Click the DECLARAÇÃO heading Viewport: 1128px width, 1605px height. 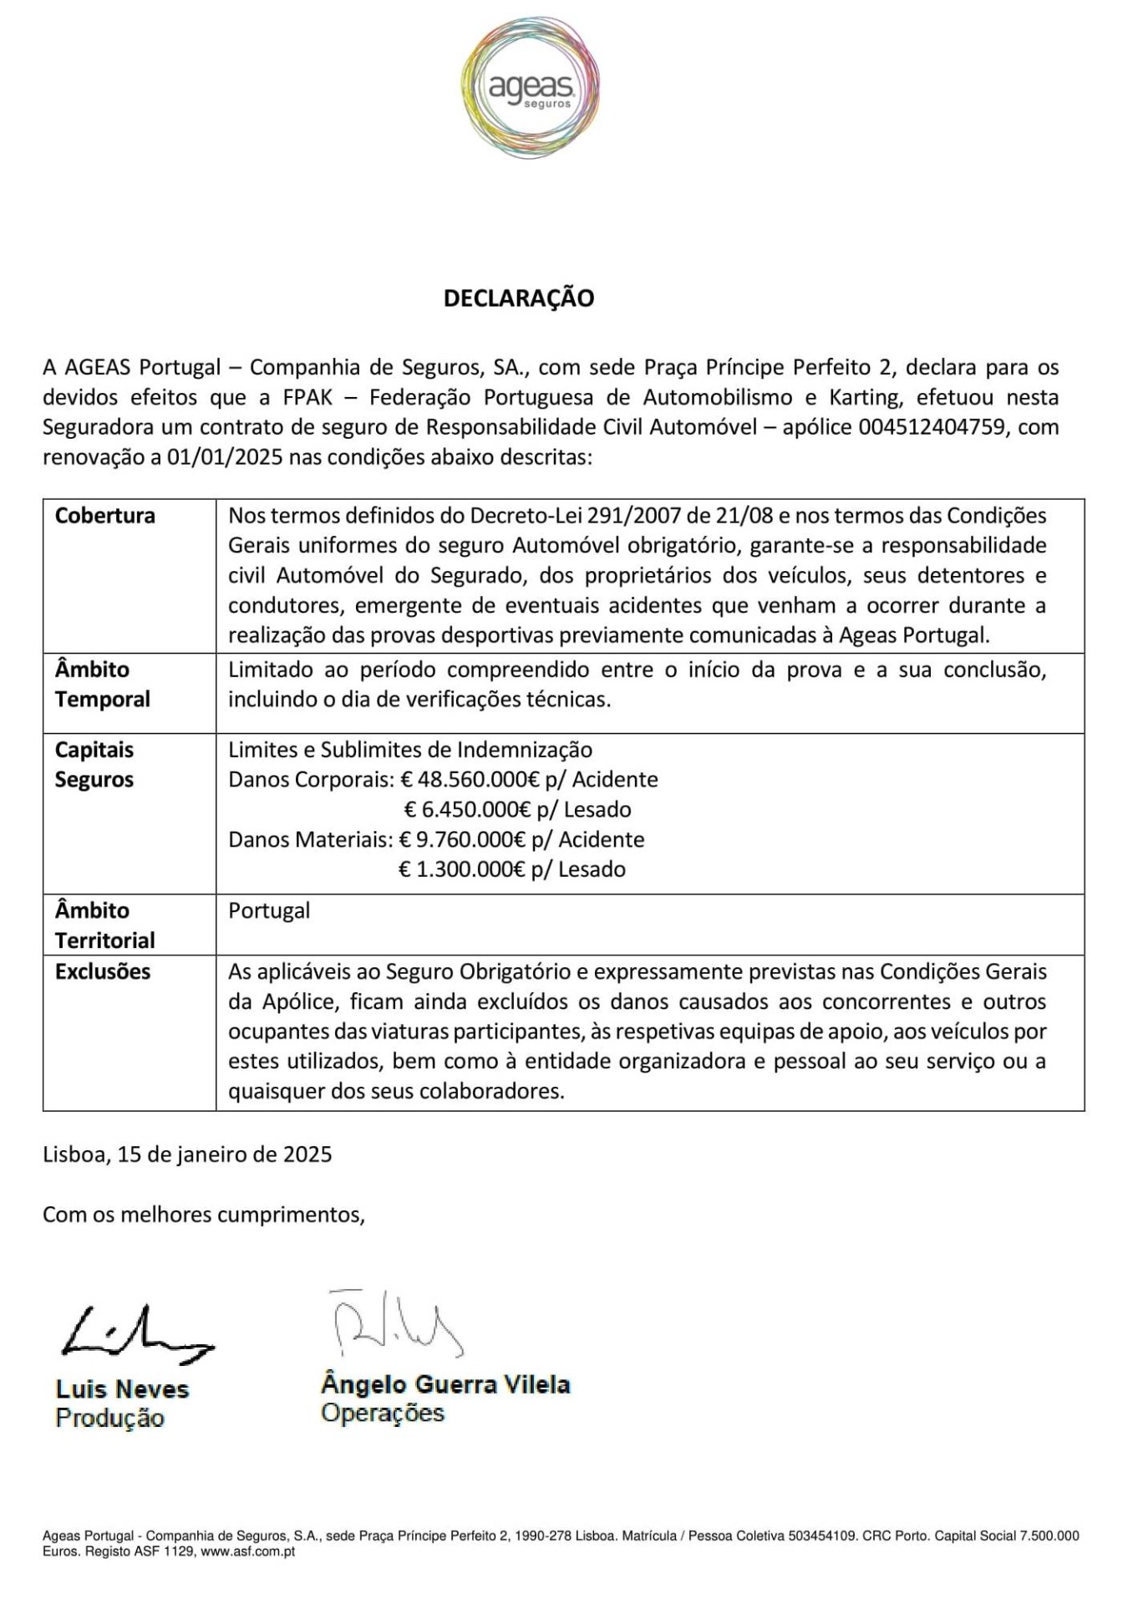tap(518, 298)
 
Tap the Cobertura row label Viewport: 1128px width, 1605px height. tap(105, 516)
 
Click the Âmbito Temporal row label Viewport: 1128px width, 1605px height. tap(102, 685)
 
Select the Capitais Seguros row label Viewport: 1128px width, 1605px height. tap(94, 765)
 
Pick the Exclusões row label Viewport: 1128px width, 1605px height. tap(103, 972)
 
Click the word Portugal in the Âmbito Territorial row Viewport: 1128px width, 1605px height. tap(269, 911)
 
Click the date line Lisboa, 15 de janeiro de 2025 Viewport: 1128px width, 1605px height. tap(187, 1155)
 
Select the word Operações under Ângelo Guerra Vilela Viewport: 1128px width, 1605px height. tap(382, 1414)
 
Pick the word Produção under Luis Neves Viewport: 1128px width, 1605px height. tap(109, 1419)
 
